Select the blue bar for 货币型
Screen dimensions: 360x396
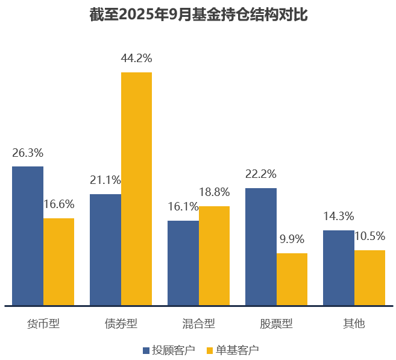28,236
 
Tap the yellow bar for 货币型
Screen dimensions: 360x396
58,262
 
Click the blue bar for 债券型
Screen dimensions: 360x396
105,250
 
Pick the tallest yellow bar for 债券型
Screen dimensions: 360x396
136,189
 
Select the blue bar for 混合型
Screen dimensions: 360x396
183,263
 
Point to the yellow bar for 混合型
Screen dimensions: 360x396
214,256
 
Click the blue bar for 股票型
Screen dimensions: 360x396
261,247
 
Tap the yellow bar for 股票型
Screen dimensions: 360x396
292,279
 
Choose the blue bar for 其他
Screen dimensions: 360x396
339,268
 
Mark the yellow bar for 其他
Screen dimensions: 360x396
369,277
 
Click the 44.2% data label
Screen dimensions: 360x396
136,58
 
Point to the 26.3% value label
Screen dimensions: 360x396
28,153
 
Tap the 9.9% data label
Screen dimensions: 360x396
292,239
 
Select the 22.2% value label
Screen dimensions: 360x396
261,174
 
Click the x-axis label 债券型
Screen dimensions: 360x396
121,324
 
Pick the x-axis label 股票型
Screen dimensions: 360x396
276,324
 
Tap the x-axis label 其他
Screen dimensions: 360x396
354,324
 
